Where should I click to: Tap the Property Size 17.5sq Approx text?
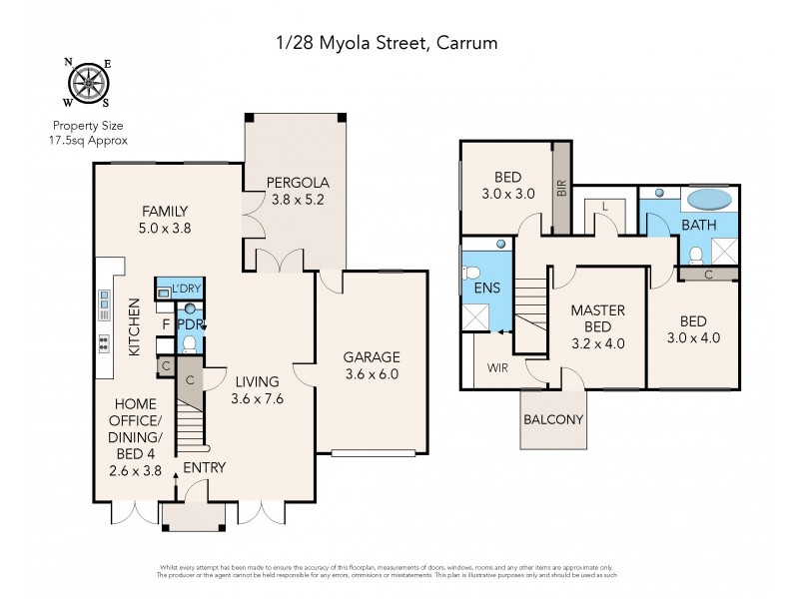tap(89, 133)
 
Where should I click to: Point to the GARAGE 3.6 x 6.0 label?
tap(372, 365)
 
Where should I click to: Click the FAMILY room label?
tap(166, 219)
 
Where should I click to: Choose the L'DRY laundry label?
tap(186, 290)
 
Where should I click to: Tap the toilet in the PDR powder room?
tap(190, 344)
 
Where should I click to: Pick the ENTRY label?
tap(204, 467)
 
